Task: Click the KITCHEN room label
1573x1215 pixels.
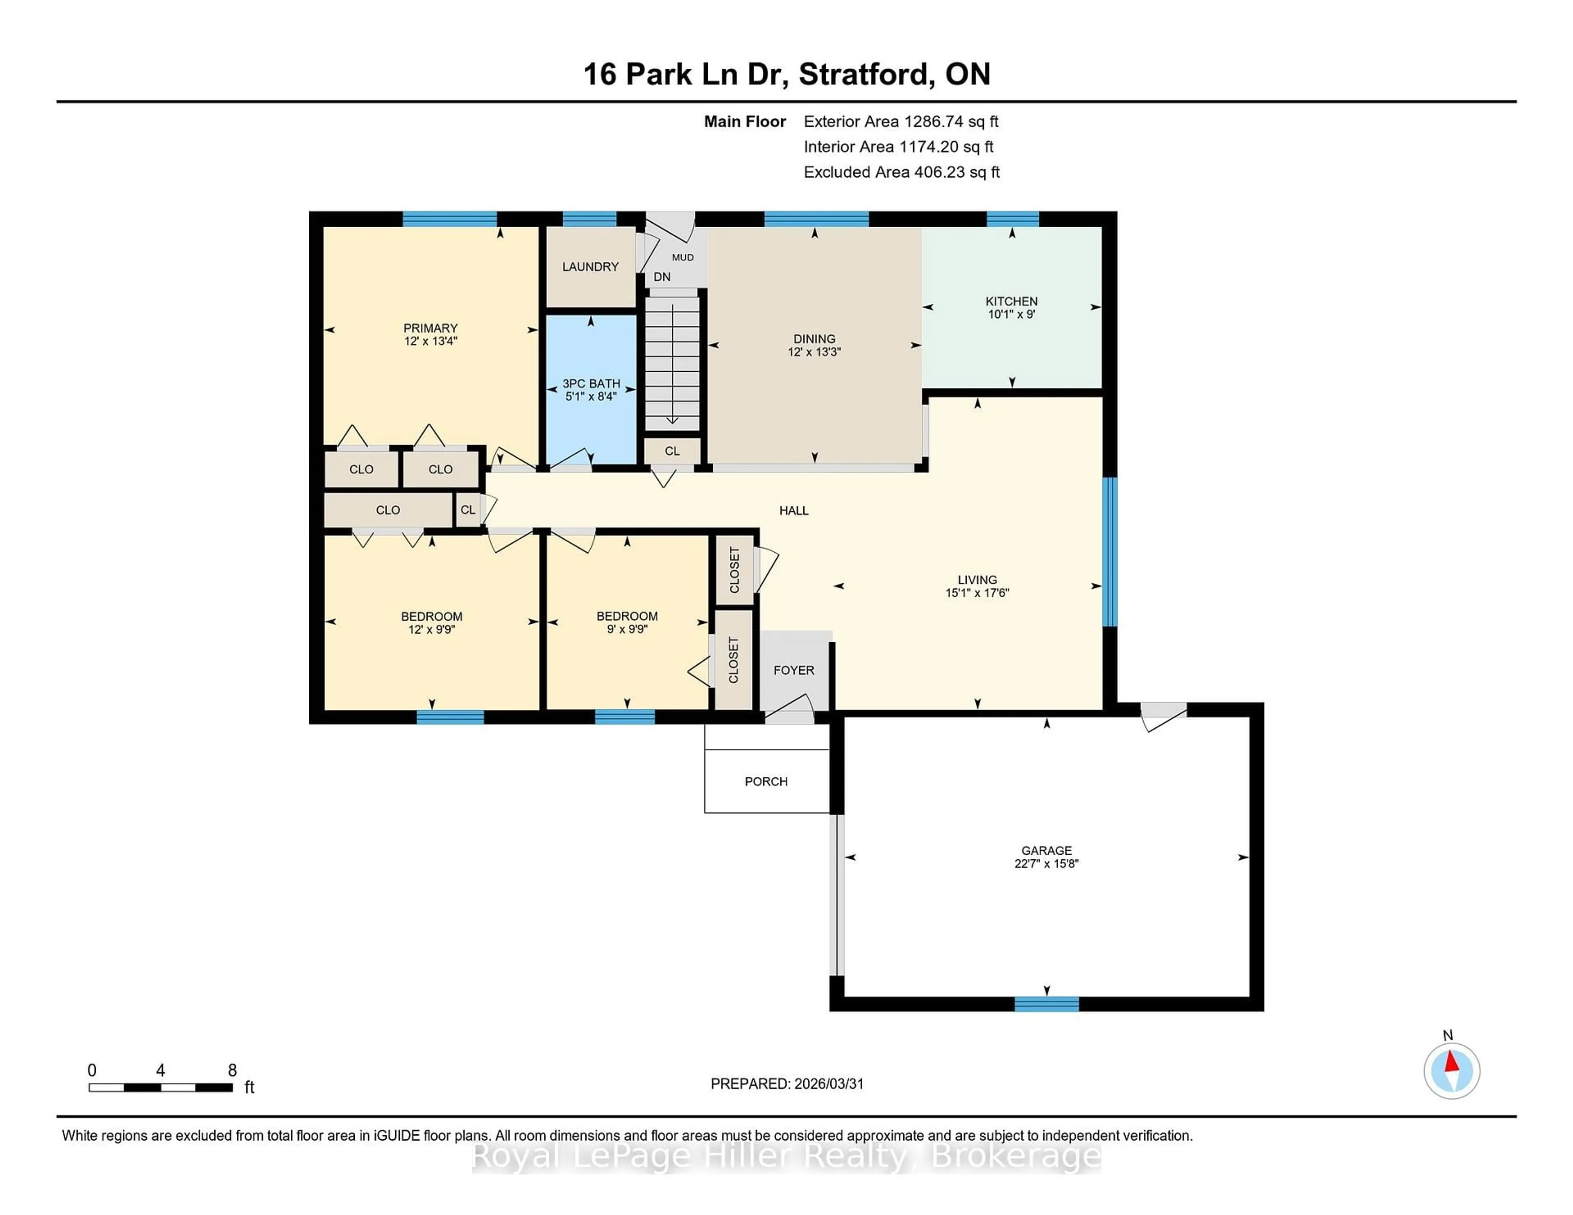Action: pos(1011,301)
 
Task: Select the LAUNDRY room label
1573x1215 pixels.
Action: pos(590,266)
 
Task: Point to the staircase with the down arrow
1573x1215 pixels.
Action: pos(671,364)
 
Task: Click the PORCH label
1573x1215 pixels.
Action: pos(766,781)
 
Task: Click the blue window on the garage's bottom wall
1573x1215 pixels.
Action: pos(1047,1003)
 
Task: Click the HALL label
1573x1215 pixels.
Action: pos(794,510)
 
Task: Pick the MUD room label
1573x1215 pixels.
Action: pos(682,257)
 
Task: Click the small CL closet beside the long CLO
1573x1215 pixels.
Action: pos(467,510)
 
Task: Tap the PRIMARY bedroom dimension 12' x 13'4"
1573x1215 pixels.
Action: pos(430,341)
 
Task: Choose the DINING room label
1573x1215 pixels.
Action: pos(814,338)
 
